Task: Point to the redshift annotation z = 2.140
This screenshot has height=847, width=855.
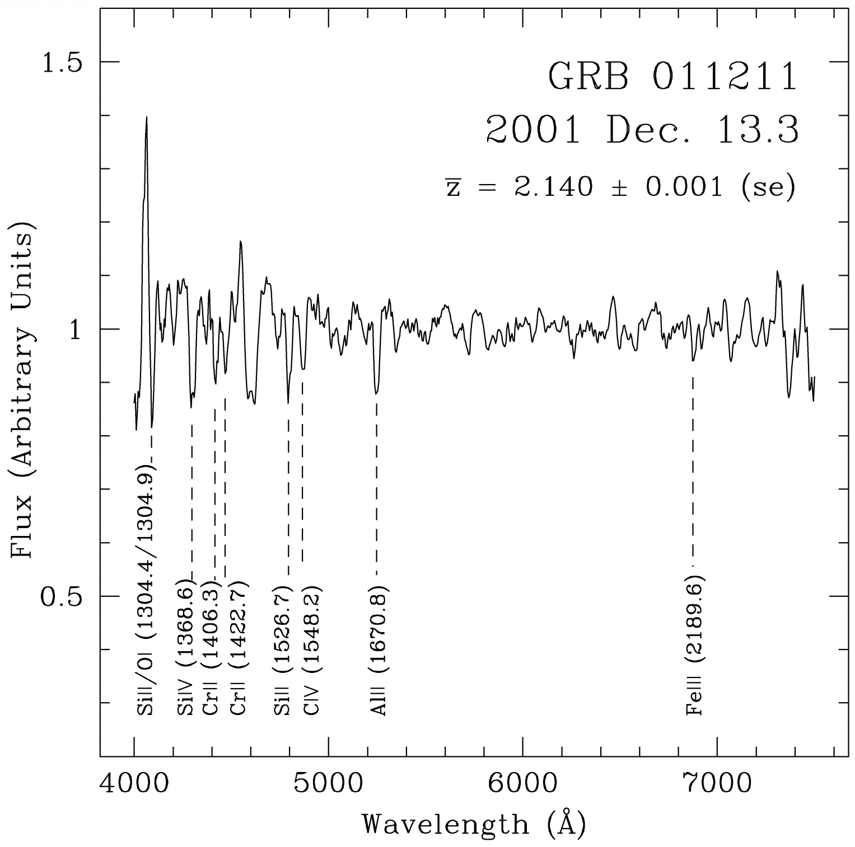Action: (620, 187)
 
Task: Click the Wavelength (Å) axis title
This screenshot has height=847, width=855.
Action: (474, 824)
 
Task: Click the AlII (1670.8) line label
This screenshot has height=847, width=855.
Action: (379, 650)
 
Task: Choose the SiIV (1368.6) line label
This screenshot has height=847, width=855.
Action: (185, 649)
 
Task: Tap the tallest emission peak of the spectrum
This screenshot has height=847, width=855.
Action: (147, 118)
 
